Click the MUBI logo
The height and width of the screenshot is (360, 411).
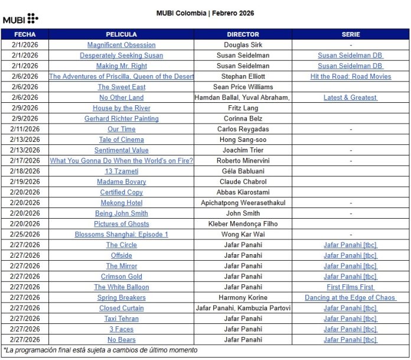pyautogui.click(x=20, y=19)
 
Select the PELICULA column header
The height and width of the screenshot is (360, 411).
pyautogui.click(x=122, y=34)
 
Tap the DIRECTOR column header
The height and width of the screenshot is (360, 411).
pyautogui.click(x=243, y=34)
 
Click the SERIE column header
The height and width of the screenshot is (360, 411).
pyautogui.click(x=350, y=34)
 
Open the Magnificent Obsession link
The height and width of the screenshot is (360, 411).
pyautogui.click(x=122, y=45)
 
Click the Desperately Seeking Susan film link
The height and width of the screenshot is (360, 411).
pyautogui.click(x=122, y=56)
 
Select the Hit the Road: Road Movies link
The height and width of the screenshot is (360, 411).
pyautogui.click(x=350, y=77)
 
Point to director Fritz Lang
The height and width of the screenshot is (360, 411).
pyautogui.click(x=243, y=108)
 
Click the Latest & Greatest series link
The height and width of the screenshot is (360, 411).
pyautogui.click(x=350, y=98)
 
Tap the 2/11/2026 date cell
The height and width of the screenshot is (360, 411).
pyautogui.click(x=25, y=129)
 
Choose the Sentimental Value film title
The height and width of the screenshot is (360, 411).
pyautogui.click(x=122, y=150)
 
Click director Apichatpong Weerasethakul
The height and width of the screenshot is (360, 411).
pyautogui.click(x=243, y=203)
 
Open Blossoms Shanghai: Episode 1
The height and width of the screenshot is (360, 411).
pyautogui.click(x=122, y=235)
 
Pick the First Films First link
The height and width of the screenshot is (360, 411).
pyautogui.click(x=350, y=287)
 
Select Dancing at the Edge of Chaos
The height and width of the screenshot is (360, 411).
pyautogui.click(x=350, y=298)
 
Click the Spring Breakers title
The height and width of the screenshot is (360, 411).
pyautogui.click(x=122, y=298)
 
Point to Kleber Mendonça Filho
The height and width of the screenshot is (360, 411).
pyautogui.click(x=243, y=224)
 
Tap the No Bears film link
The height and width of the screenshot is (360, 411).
pyautogui.click(x=122, y=340)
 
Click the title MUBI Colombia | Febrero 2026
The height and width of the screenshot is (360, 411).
pyautogui.click(x=205, y=13)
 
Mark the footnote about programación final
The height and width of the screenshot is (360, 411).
pyautogui.click(x=100, y=351)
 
